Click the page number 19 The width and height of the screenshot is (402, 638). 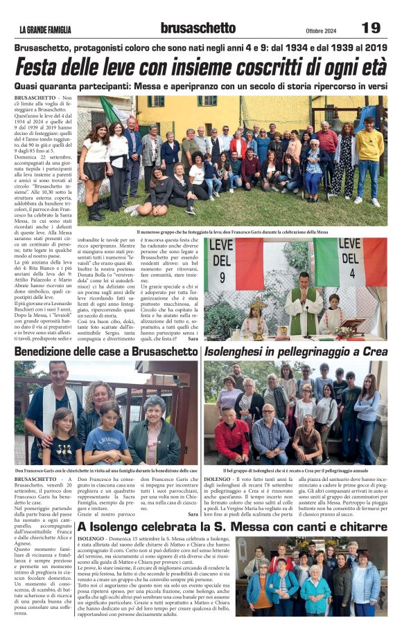371,28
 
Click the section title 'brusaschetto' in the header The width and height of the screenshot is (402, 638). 198,28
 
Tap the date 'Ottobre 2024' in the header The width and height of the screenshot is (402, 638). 320,30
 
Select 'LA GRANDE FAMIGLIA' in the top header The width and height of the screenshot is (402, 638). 45,30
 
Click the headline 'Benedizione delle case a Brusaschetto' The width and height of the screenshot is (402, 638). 106,352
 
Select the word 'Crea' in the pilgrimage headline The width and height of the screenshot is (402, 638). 374,352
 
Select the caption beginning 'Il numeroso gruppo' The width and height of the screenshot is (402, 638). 232,232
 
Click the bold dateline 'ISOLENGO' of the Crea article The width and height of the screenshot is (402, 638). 218,479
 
